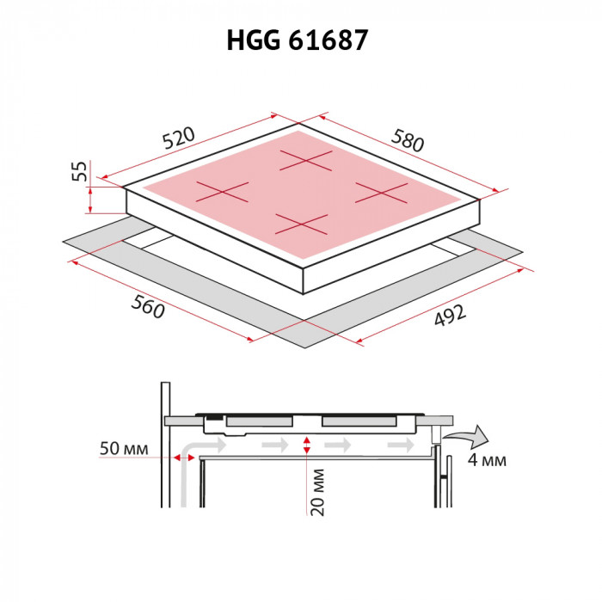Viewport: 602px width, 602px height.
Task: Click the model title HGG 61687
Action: click(x=300, y=40)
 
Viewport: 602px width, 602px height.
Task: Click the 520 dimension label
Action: click(x=180, y=138)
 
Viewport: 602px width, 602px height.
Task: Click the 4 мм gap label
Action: click(x=487, y=460)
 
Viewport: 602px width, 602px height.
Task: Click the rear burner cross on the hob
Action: click(x=304, y=161)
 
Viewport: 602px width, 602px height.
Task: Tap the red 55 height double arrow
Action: click(x=90, y=191)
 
